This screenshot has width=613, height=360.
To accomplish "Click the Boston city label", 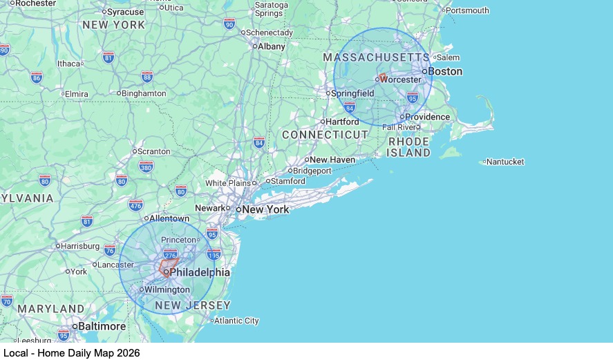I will [445, 71].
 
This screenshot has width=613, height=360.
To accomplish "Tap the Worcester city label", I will [400, 79].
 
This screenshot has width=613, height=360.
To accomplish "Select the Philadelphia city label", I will [199, 272].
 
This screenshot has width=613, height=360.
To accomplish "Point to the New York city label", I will [265, 209].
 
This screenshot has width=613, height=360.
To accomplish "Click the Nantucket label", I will [505, 162].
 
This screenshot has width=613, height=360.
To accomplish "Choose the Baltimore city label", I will [102, 326].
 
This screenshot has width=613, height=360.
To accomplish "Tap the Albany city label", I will [271, 46].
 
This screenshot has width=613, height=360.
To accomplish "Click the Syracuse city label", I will [125, 12].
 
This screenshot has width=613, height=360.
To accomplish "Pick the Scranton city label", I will [154, 151].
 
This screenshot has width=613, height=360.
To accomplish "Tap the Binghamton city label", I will [144, 93].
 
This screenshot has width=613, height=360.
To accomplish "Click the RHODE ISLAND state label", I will [408, 147].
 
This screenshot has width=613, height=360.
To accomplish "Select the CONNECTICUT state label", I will [325, 135].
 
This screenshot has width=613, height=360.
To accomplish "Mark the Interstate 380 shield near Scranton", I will [146, 167].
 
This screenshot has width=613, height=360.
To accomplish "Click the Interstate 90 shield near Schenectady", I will [229, 23].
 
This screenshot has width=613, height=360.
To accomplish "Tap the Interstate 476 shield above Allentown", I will [135, 205].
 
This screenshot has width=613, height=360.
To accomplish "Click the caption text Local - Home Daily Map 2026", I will [71, 352].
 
